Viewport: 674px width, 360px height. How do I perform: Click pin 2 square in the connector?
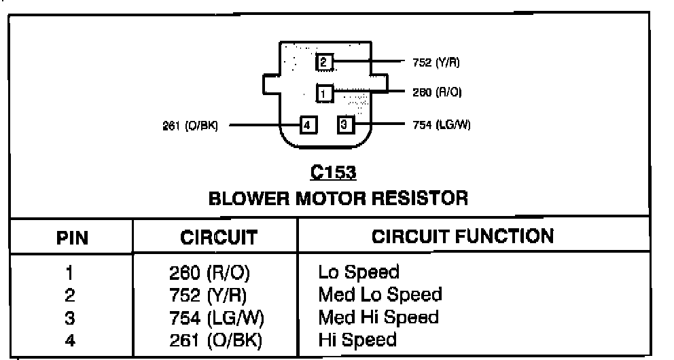pyautogui.click(x=324, y=62)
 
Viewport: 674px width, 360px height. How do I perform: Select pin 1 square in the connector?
pyautogui.click(x=325, y=92)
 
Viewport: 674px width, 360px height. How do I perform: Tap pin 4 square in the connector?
pyautogui.click(x=308, y=125)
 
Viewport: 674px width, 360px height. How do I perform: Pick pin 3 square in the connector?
pyautogui.click(x=345, y=125)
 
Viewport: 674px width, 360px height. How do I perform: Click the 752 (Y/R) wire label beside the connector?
pyautogui.click(x=436, y=63)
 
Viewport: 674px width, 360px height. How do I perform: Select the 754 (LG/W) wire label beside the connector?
pyautogui.click(x=442, y=125)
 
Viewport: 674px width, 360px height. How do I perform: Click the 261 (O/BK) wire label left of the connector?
pyautogui.click(x=190, y=125)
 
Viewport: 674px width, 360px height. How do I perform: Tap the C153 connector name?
pyautogui.click(x=333, y=173)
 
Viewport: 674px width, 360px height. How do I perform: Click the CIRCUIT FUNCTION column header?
pyautogui.click(x=463, y=236)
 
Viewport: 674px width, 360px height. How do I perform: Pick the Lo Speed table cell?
pyautogui.click(x=359, y=272)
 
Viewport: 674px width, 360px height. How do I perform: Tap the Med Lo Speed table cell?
pyautogui.click(x=380, y=295)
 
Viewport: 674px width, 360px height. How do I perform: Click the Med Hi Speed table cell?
pyautogui.click(x=378, y=317)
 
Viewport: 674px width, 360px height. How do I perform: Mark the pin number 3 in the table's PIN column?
pyautogui.click(x=70, y=317)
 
